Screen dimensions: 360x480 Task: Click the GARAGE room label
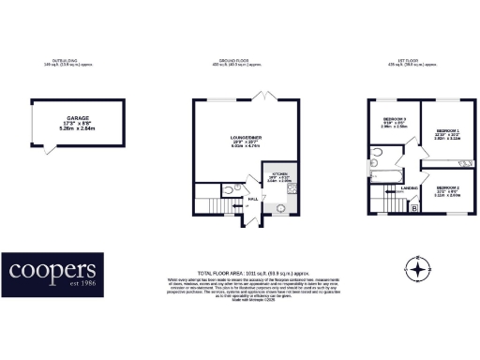65,108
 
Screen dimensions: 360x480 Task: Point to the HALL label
252,199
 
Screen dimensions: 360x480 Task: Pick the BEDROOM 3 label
395,119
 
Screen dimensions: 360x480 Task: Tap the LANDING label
408,189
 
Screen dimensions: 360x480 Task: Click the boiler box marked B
414,209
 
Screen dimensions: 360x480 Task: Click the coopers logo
55,273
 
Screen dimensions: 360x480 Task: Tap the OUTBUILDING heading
65,60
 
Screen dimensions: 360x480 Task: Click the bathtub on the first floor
384,173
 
